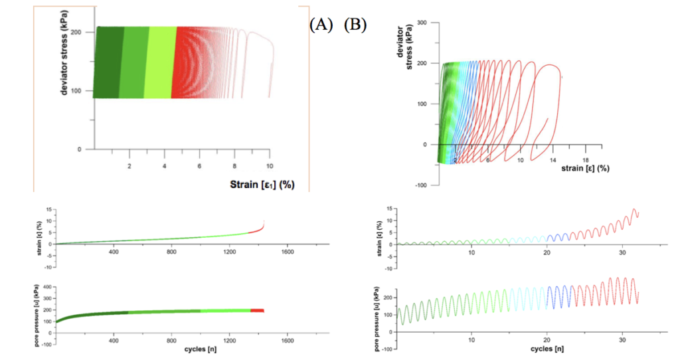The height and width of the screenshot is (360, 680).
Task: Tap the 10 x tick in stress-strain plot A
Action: [269, 165]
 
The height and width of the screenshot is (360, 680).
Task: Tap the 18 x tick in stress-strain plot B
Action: [586, 159]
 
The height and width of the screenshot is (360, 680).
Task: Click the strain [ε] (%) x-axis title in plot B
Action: [585, 169]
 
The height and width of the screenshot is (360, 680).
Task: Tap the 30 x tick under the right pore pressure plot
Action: [622, 339]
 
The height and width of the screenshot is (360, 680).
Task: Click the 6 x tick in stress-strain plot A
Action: [199, 165]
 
